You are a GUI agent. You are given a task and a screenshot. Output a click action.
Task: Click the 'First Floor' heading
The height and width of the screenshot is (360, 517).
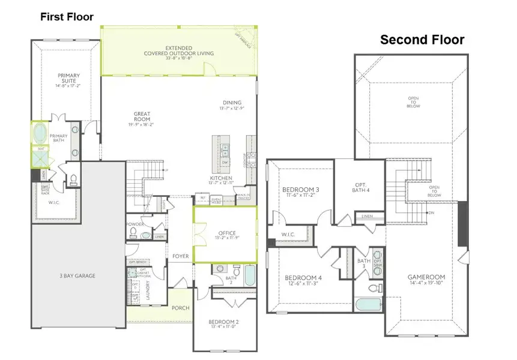point(67,17)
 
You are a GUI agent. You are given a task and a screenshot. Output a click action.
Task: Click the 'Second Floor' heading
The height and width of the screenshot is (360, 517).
point(422,40)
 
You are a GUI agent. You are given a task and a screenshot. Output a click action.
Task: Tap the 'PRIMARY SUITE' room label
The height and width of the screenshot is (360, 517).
point(68,79)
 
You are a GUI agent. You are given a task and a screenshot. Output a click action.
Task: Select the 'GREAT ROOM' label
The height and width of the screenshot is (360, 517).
point(142,116)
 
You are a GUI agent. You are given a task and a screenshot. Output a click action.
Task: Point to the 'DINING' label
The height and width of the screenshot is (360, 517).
point(232,103)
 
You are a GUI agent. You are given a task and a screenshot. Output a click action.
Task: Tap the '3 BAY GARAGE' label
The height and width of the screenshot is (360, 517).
point(78,276)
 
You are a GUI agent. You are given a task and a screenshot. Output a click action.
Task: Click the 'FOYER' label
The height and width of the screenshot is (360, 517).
point(180,256)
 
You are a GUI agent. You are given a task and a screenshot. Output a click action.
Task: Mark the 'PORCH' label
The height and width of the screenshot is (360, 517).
point(180,308)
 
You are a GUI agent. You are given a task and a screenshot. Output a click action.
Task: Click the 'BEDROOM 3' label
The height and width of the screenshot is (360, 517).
point(300,191)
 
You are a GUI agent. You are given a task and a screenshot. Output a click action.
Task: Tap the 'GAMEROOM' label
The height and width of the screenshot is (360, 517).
point(426,278)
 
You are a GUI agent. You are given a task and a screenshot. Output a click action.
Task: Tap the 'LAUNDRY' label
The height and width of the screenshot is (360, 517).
point(147,287)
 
